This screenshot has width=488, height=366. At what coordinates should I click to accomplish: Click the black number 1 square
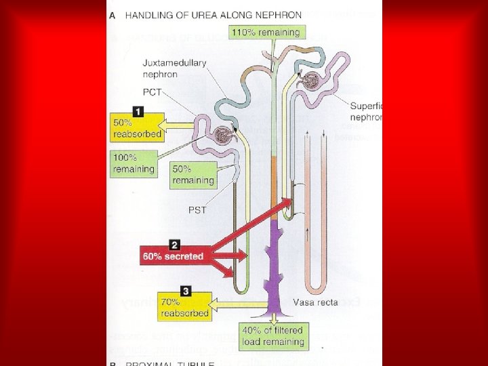coord(138,110)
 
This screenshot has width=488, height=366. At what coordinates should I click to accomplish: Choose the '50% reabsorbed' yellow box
coord(138,128)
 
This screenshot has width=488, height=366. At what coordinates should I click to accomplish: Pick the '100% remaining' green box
coord(134,163)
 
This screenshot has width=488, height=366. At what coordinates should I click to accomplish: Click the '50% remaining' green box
coord(193,175)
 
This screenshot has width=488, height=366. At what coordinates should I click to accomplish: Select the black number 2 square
coord(175,244)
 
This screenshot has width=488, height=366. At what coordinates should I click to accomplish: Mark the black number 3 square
coord(186,291)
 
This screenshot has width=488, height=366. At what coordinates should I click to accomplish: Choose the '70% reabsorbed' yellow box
coord(185,308)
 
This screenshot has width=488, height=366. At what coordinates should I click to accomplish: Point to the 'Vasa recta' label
coord(316,302)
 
